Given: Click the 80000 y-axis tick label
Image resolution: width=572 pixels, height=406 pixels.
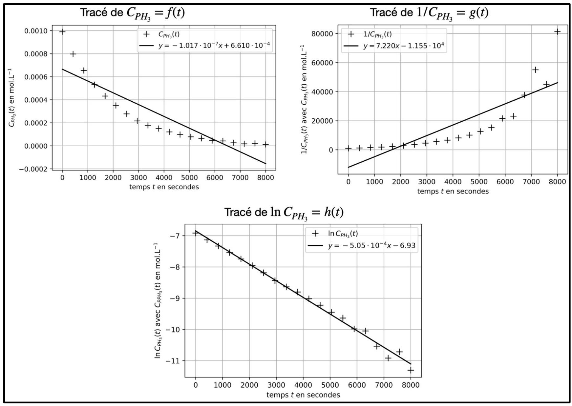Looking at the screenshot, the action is [x=322, y=34].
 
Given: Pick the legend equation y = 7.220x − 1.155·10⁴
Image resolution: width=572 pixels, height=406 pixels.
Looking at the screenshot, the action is [x=404, y=46].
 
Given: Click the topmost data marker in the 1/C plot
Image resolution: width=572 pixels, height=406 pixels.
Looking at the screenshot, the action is [x=557, y=32].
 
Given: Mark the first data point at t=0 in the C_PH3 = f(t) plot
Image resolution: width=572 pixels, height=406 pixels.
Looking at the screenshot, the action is [x=62, y=31].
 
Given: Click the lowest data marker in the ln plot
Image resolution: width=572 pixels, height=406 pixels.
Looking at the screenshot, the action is [x=411, y=370].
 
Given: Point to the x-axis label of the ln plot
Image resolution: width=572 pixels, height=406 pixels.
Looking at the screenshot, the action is [x=303, y=395].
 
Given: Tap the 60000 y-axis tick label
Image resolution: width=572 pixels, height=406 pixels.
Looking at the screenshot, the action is [x=322, y=63].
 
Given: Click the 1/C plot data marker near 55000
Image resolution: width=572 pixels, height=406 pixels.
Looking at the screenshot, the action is [x=535, y=70].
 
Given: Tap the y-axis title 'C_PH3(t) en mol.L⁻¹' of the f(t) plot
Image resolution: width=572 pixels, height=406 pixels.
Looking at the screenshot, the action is [x=11, y=98].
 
